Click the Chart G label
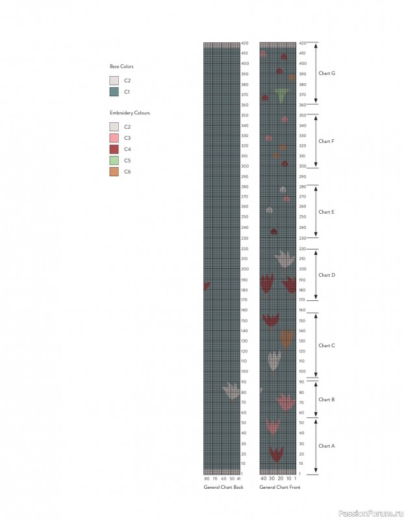[x=327, y=73]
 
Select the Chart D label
[x=327, y=275]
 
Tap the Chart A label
[x=327, y=446]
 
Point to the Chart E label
[x=327, y=212]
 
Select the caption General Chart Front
[x=279, y=487]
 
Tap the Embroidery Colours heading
[x=129, y=113]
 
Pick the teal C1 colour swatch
[x=114, y=92]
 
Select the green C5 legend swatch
[x=114, y=161]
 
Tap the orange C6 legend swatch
[x=114, y=172]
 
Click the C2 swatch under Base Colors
[x=114, y=81]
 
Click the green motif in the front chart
[x=281, y=96]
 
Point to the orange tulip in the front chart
[x=286, y=338]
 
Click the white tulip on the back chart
[x=231, y=391]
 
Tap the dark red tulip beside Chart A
[x=277, y=453]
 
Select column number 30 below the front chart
[x=272, y=478]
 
